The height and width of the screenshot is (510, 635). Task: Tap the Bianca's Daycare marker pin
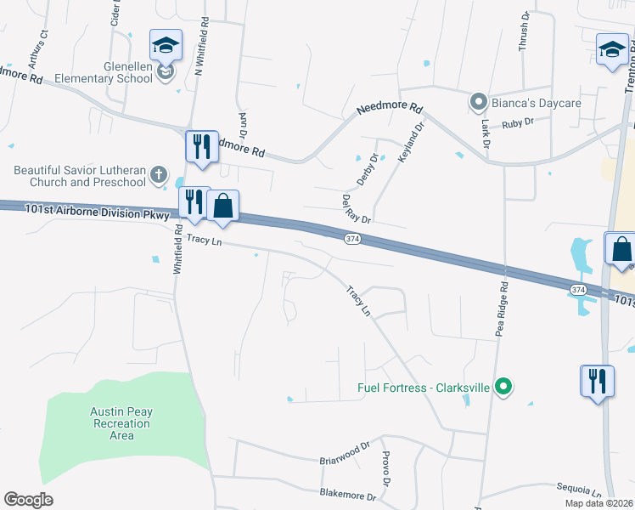[x=478, y=103]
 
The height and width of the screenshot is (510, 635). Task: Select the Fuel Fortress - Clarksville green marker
[x=503, y=388]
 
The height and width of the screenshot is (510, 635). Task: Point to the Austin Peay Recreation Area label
[x=121, y=423]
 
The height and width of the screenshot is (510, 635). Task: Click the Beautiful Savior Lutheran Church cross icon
[x=158, y=175]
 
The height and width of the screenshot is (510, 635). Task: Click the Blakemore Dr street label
[x=348, y=495]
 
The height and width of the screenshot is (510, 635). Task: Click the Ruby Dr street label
[x=517, y=122]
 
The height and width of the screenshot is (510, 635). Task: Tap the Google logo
[x=28, y=500]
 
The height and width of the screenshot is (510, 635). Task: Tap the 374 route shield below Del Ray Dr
[x=352, y=240]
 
